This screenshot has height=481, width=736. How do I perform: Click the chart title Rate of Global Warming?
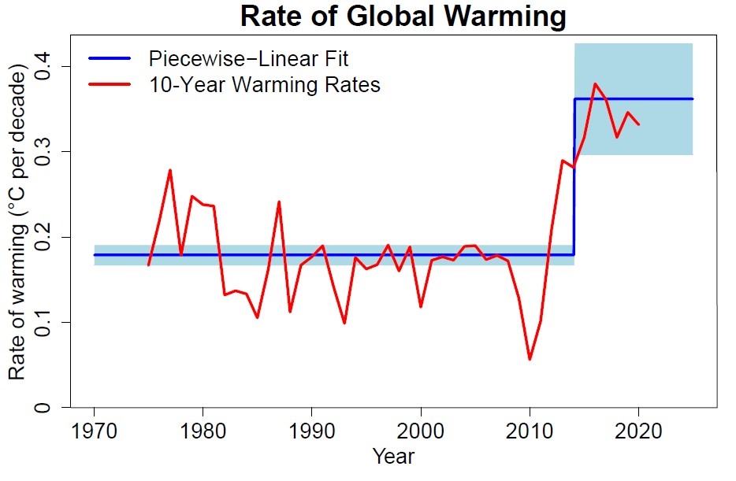click(x=403, y=17)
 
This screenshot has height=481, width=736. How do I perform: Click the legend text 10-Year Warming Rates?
click(x=264, y=85)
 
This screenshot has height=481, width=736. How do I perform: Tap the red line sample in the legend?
click(x=110, y=85)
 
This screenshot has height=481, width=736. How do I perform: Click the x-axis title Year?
click(x=393, y=456)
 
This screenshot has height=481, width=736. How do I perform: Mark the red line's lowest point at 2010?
click(x=530, y=359)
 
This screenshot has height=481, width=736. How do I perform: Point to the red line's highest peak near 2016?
click(x=595, y=83)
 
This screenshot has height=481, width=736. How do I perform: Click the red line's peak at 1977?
click(x=170, y=170)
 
